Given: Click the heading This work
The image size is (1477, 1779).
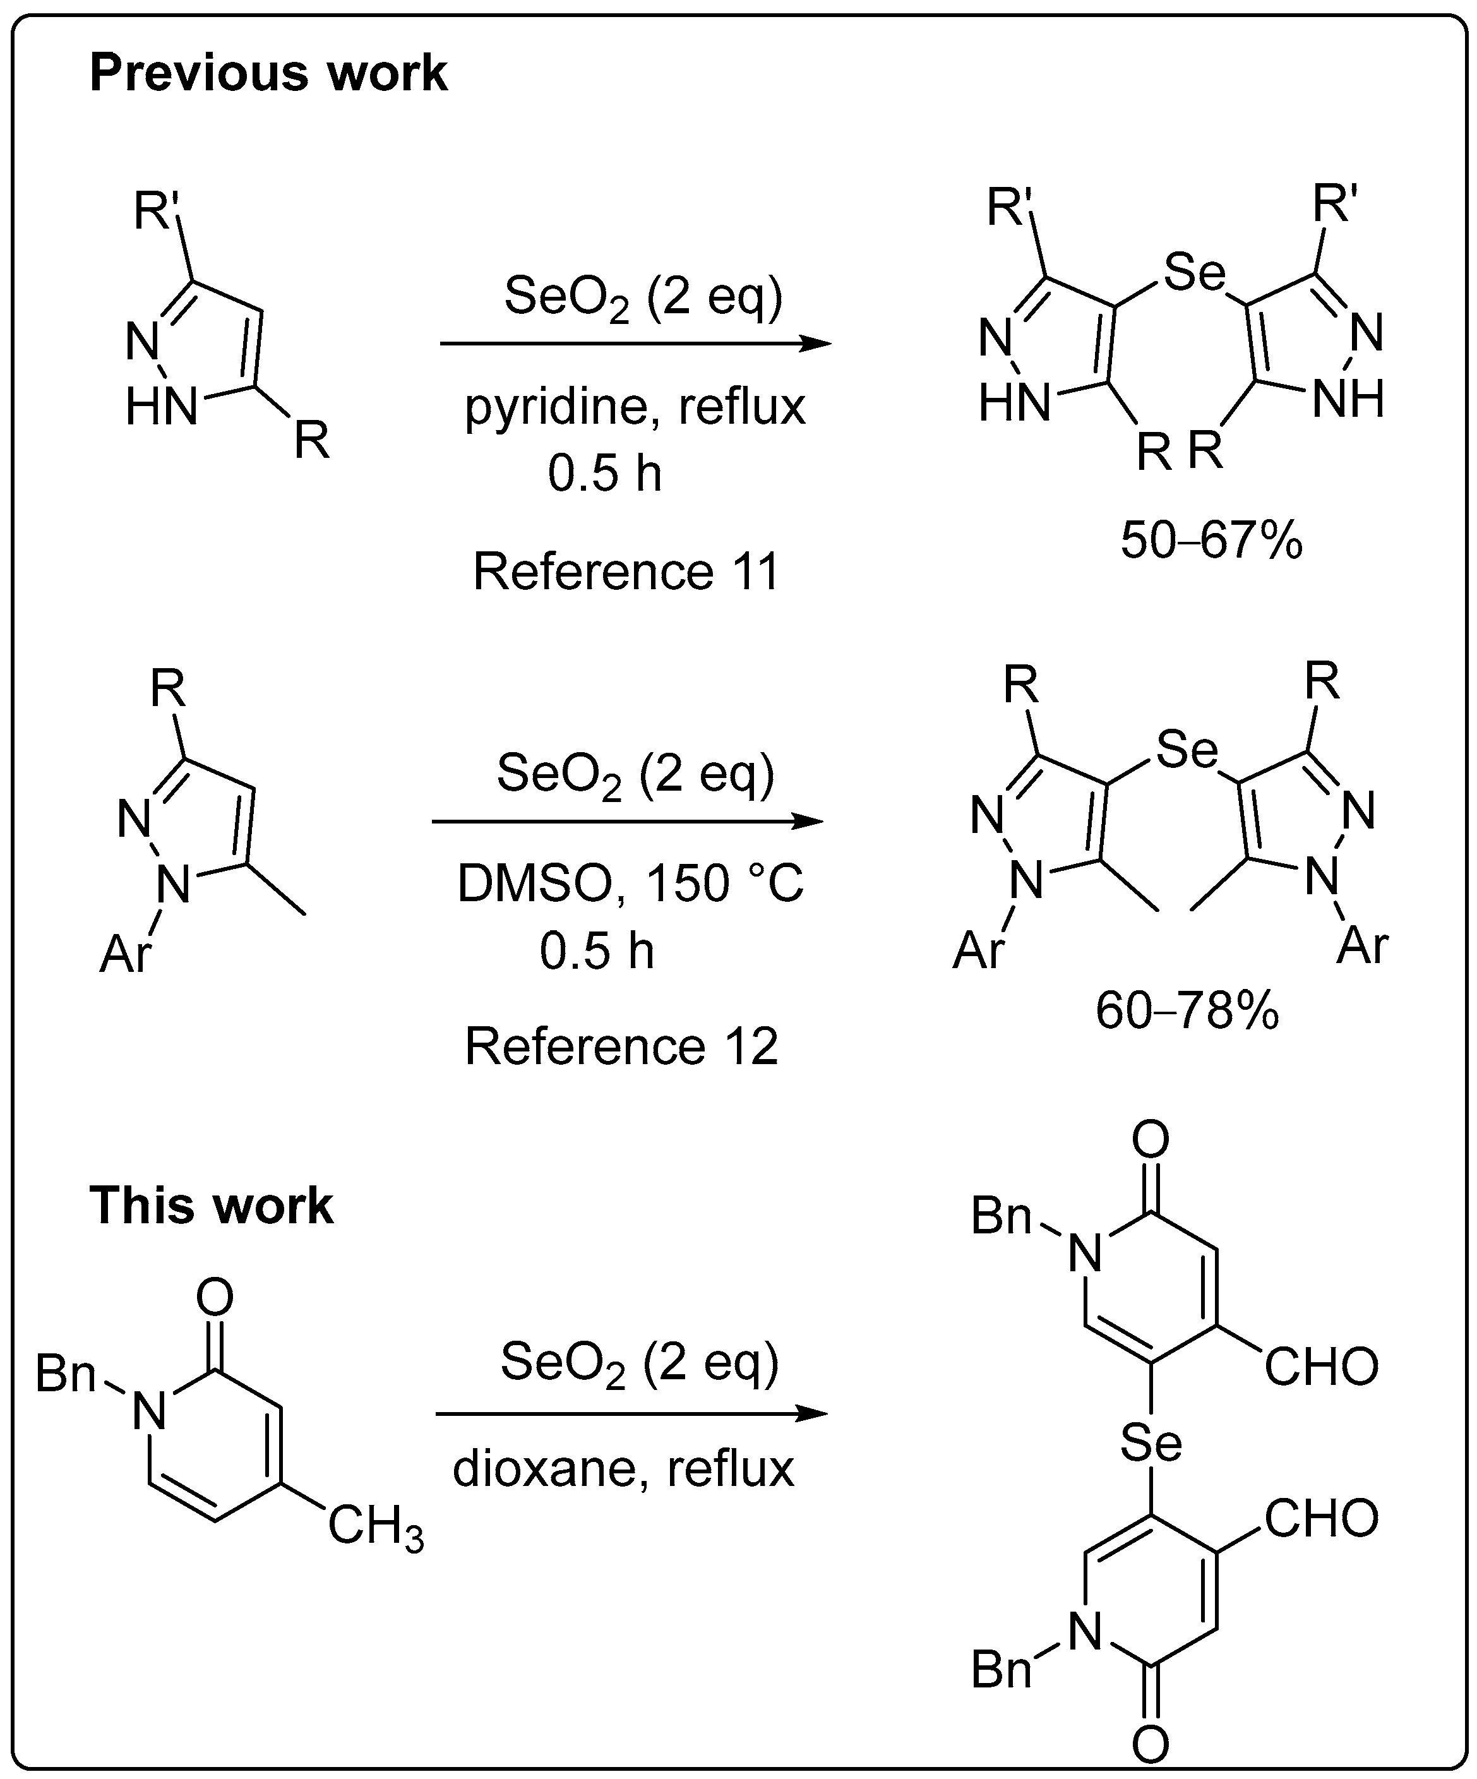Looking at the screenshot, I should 211,1206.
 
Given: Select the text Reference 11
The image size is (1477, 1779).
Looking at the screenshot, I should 625,571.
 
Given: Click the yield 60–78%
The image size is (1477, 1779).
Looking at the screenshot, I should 1187,1010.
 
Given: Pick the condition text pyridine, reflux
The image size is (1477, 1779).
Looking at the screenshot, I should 635,407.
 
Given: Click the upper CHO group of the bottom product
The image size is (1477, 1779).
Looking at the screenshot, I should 1320,1368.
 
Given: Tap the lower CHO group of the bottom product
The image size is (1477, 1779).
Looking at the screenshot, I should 1320,1518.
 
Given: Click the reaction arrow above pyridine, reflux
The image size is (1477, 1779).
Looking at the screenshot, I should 635,344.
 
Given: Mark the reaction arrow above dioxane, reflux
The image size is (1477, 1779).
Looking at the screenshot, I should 631,1414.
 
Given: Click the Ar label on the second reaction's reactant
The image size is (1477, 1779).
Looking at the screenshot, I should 125,955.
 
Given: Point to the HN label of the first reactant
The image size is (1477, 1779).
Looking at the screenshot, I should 161,407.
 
